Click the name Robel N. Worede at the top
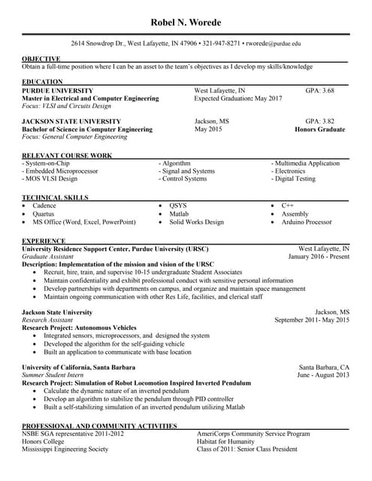pyautogui.click(x=186, y=23)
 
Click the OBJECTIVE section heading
pyautogui.click(x=41, y=59)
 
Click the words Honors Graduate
pyautogui.click(x=320, y=129)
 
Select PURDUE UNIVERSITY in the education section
pyautogui.click(x=58, y=90)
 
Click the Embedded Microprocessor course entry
pyautogui.click(x=60, y=171)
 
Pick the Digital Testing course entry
pyautogui.click(x=294, y=179)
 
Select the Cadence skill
pyautogui.click(x=44, y=205)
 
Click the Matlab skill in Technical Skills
pyautogui.click(x=179, y=213)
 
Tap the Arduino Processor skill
pyautogui.click(x=307, y=222)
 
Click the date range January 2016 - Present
pyautogui.click(x=319, y=256)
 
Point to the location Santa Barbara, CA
pyautogui.click(x=324, y=367)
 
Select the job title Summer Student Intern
pyautogui.click(x=53, y=374)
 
